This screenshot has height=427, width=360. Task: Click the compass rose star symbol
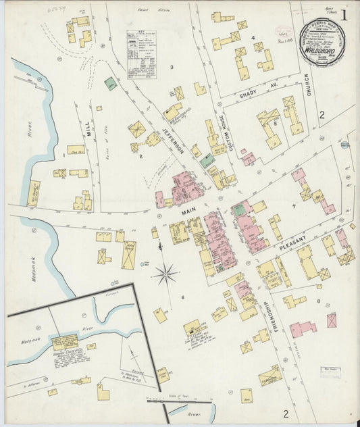(x=165, y=274)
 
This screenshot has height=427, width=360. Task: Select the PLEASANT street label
(x=293, y=240)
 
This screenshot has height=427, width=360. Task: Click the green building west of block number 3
(x=110, y=84)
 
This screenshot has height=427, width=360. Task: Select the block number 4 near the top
(x=253, y=38)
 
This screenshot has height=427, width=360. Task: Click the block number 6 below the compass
(x=182, y=297)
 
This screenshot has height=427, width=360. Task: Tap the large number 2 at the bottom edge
(x=286, y=413)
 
